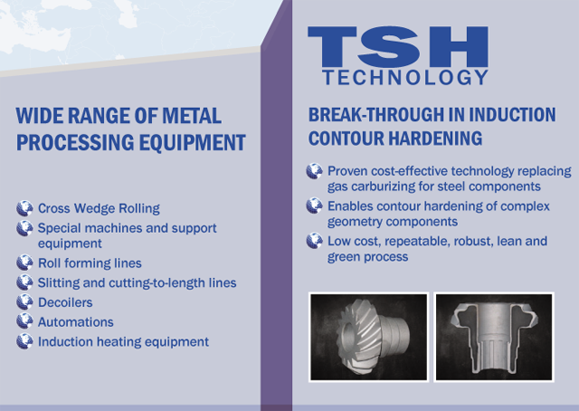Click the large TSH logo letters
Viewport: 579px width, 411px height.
point(398,46)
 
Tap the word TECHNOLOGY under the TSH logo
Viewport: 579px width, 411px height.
point(406,78)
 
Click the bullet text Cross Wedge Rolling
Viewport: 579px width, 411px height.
point(99,208)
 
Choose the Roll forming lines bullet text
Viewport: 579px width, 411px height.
point(90,263)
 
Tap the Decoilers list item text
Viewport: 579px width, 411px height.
point(65,302)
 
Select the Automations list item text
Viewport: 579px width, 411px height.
point(76,322)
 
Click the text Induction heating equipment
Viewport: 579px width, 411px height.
point(123,342)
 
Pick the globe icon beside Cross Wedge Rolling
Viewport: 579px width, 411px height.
point(24,208)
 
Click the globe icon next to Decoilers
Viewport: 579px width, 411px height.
point(24,302)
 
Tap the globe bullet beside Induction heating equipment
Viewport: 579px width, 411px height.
point(24,341)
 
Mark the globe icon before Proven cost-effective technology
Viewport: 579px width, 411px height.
point(315,171)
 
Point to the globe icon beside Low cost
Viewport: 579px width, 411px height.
point(315,241)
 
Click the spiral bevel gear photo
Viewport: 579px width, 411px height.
point(369,337)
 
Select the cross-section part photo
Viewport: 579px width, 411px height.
point(494,337)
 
